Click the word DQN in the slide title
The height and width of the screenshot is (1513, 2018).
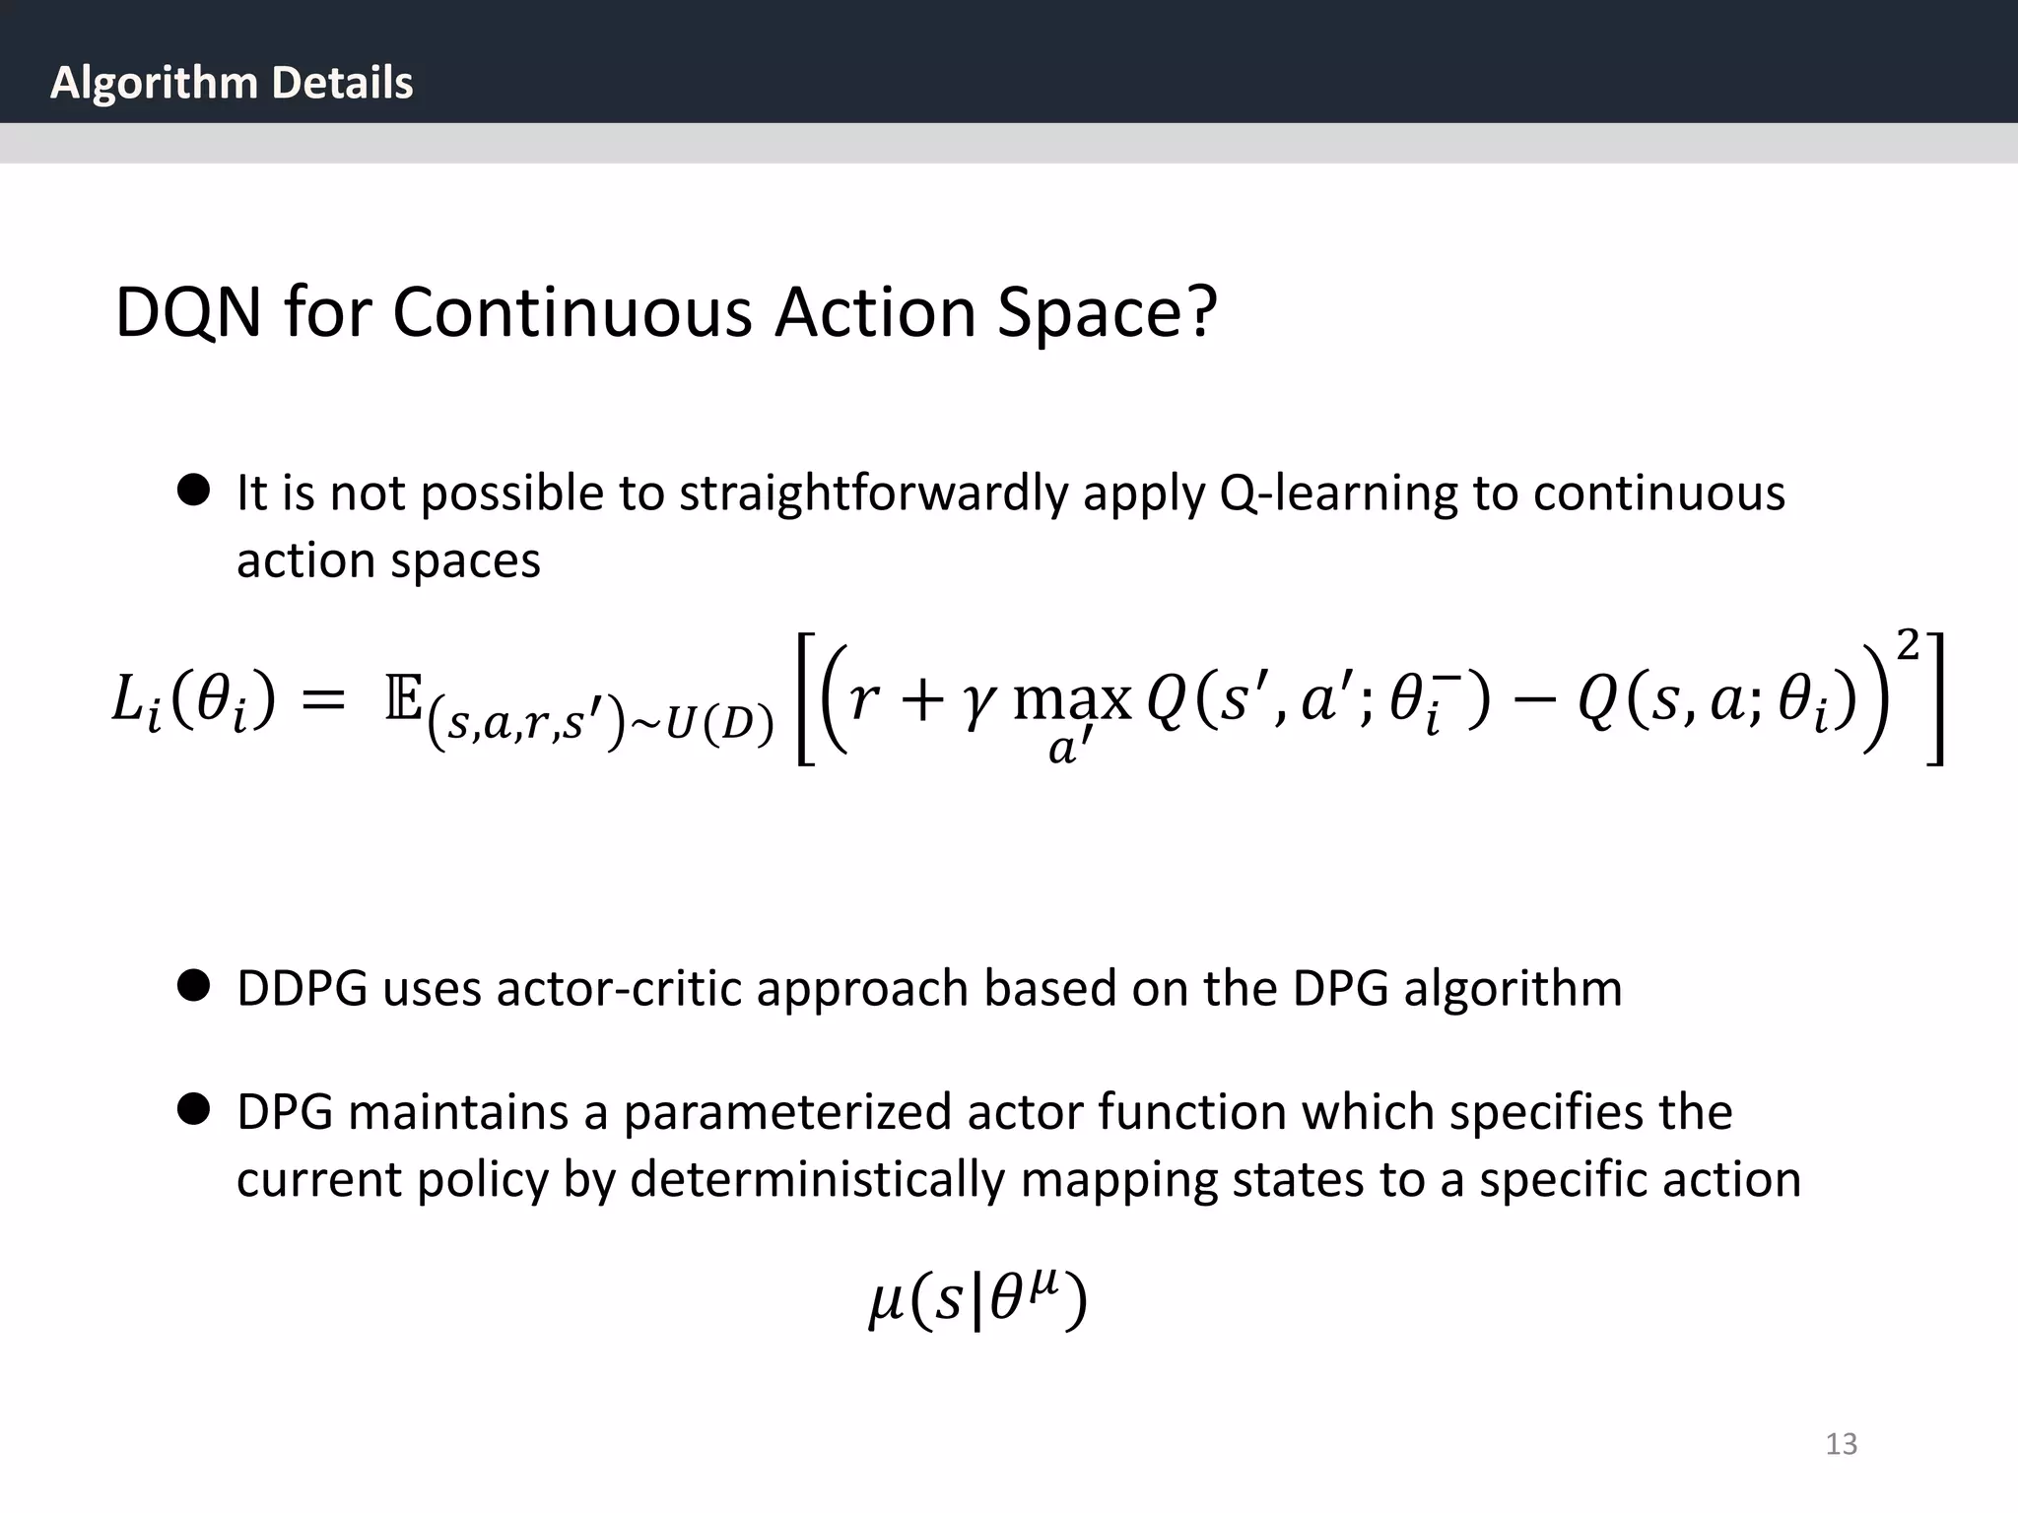pyautogui.click(x=188, y=313)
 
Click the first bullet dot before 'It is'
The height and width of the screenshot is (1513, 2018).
pyautogui.click(x=194, y=490)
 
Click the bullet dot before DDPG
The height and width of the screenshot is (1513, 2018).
pyautogui.click(x=194, y=985)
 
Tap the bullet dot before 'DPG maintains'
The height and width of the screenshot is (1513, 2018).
pyautogui.click(x=194, y=1109)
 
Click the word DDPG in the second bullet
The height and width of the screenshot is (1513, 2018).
pyautogui.click(x=302, y=989)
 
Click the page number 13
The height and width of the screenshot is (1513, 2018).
pyautogui.click(x=1841, y=1444)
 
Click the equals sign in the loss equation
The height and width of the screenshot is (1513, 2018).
pyautogui.click(x=323, y=701)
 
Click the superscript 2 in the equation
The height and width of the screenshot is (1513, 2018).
pyautogui.click(x=1908, y=646)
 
